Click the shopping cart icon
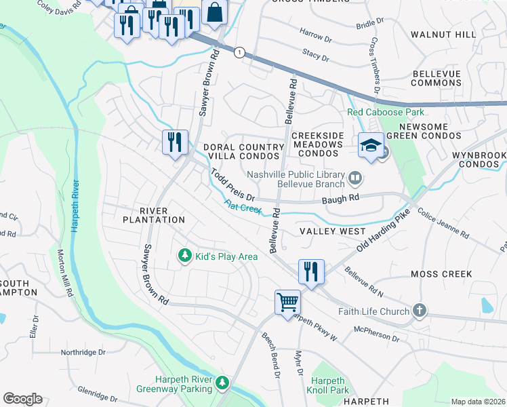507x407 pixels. point(287,301)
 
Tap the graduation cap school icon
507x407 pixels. point(371,146)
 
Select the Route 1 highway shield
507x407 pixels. point(239,52)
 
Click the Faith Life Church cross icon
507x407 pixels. point(420,311)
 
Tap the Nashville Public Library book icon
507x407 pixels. point(354,178)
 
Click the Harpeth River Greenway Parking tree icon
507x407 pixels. point(222,384)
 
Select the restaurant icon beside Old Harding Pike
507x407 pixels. point(311,271)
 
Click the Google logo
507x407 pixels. point(22,398)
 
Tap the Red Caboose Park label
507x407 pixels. point(385,112)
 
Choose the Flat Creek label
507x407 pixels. point(243,208)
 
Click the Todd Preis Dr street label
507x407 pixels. point(231,185)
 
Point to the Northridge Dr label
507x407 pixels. point(83,352)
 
